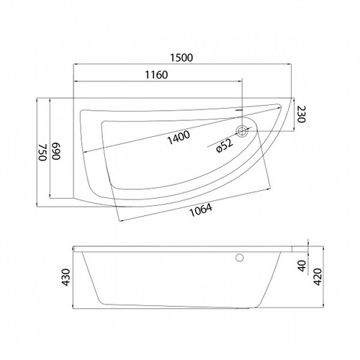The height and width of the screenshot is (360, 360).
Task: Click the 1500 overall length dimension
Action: pyautogui.click(x=181, y=58)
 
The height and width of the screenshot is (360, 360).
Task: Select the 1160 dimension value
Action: pyautogui.click(x=156, y=75)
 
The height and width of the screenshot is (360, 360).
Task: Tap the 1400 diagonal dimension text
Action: pyautogui.click(x=179, y=138)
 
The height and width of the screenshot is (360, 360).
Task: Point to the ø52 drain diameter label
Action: pyautogui.click(x=225, y=145)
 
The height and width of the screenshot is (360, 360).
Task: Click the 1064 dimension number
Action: pyautogui.click(x=201, y=210)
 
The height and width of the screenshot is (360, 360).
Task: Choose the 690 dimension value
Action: pyautogui.click(x=56, y=151)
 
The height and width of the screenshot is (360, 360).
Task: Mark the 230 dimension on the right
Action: pyautogui.click(x=302, y=114)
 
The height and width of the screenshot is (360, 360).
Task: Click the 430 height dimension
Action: pyautogui.click(x=66, y=278)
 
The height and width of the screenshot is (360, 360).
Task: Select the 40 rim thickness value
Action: pyautogui.click(x=302, y=266)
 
